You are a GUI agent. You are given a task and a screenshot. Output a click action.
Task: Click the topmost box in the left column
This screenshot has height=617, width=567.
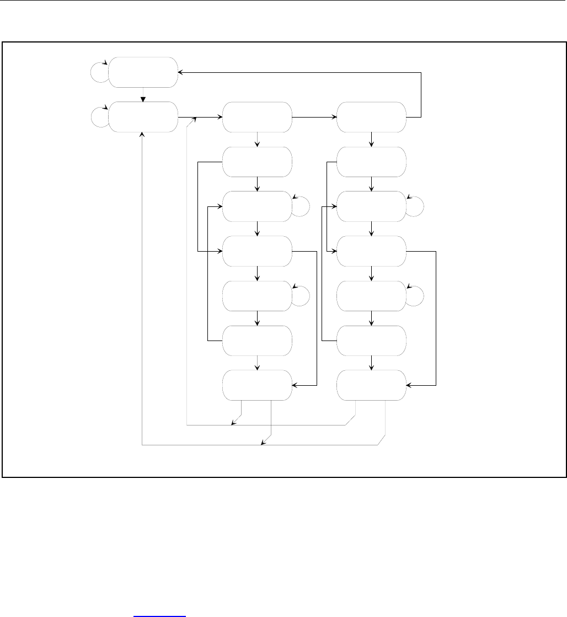143,72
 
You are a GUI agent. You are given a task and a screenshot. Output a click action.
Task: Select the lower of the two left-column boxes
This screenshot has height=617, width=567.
143,117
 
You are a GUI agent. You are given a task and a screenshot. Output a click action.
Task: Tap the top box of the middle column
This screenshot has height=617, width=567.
257,117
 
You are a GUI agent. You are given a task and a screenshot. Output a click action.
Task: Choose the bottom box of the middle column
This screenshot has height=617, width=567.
257,385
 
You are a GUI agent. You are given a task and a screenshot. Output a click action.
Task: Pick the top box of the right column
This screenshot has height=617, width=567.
371,117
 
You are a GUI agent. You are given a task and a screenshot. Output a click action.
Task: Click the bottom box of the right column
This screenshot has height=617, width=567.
371,385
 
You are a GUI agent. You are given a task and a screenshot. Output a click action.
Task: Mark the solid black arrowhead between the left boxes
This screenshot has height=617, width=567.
143,99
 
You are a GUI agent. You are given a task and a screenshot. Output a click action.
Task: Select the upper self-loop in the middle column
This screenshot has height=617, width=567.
301,205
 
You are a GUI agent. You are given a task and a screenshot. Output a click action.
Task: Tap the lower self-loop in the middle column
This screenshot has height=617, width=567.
301,295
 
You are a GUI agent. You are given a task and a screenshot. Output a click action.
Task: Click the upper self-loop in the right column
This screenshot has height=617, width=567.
415,205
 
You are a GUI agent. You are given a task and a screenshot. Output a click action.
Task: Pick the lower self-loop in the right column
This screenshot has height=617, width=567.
415,295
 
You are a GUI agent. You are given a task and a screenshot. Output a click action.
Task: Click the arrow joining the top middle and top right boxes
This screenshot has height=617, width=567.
314,117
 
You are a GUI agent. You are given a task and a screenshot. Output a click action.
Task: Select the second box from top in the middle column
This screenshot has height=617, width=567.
257,162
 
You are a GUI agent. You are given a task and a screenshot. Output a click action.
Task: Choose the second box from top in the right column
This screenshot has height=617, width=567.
371,162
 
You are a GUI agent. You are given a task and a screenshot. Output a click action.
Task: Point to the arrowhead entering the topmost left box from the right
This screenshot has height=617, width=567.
181,72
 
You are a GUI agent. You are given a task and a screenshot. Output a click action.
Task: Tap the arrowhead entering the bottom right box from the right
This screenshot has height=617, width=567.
409,385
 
